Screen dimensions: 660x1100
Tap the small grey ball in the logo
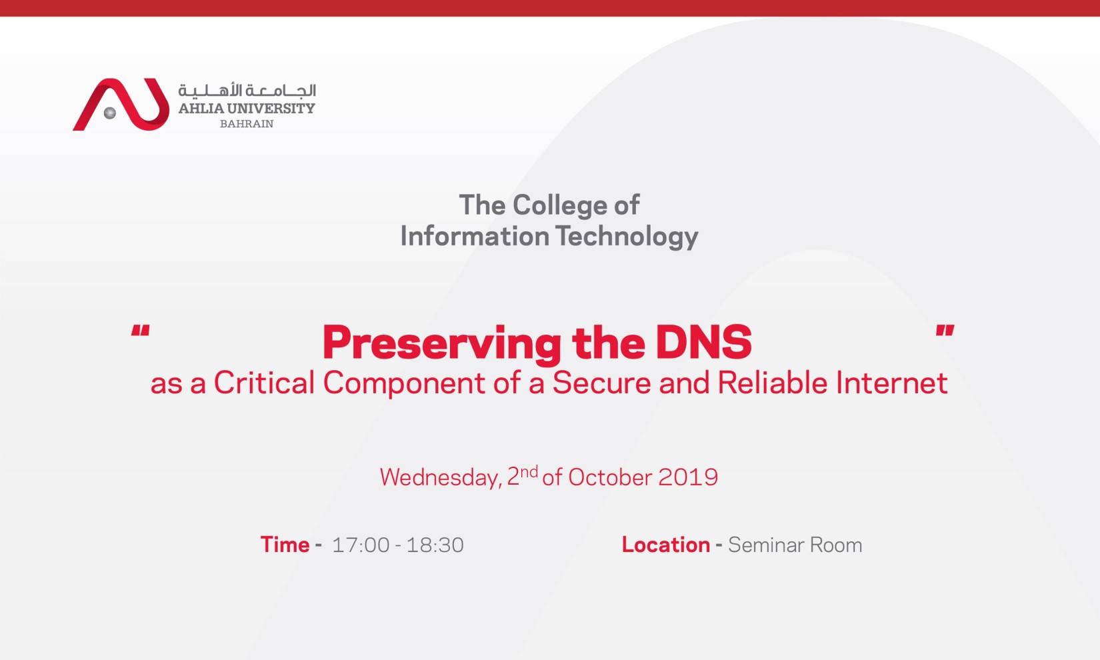pyautogui.click(x=110, y=113)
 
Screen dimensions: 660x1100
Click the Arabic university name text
pyautogui.click(x=247, y=90)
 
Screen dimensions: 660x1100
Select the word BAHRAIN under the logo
pyautogui.click(x=247, y=124)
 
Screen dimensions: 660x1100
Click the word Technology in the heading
pyautogui.click(x=627, y=236)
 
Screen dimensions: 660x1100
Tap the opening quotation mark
pyautogui.click(x=140, y=332)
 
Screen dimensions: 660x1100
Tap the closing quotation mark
pyautogui.click(x=945, y=332)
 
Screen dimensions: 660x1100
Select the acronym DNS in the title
pyautogui.click(x=703, y=343)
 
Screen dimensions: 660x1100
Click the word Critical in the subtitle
pyautogui.click(x=264, y=383)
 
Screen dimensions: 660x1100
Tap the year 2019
pyautogui.click(x=688, y=477)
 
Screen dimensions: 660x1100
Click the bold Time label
pyautogui.click(x=285, y=545)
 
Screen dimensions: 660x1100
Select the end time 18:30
pyautogui.click(x=435, y=545)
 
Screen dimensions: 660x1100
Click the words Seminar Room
pyautogui.click(x=795, y=545)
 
